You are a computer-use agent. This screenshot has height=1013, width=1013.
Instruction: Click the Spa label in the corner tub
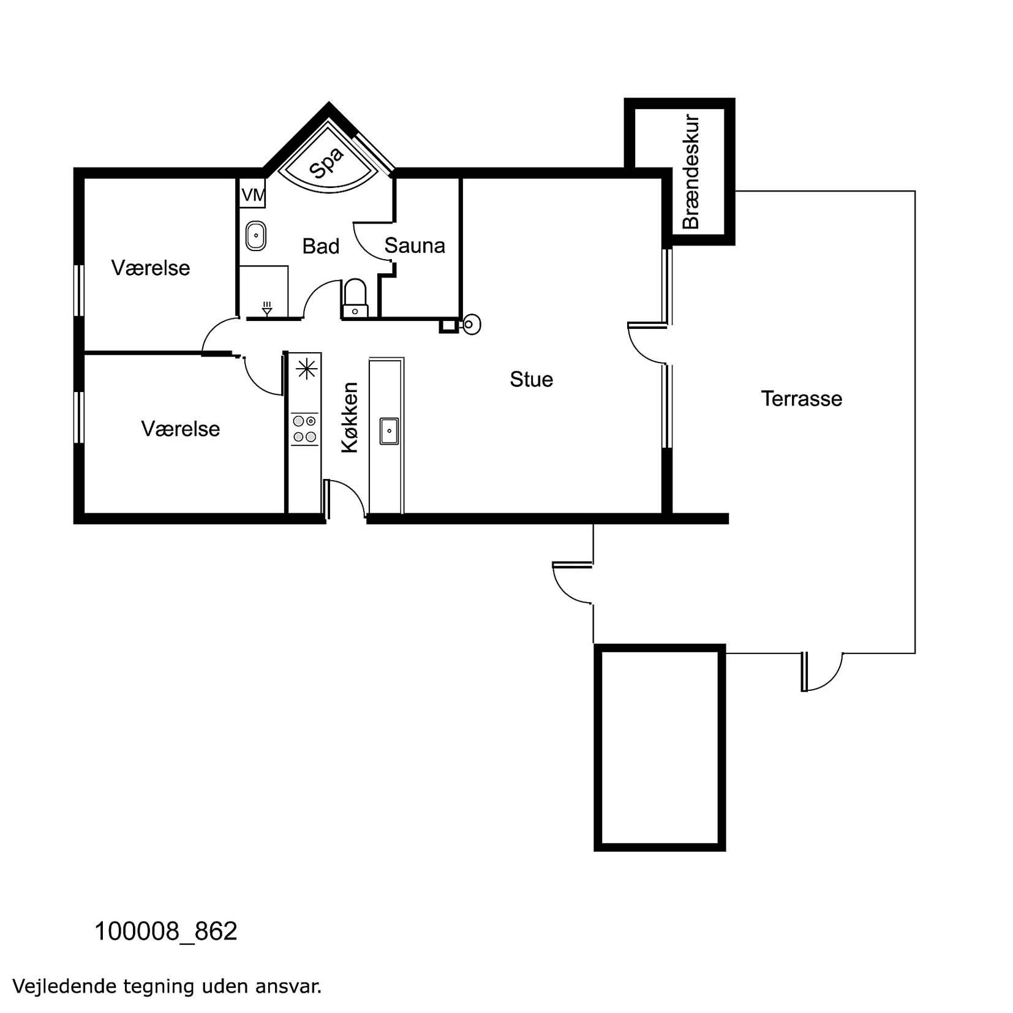pyautogui.click(x=326, y=162)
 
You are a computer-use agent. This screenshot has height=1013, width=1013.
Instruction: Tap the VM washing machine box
pyautogui.click(x=252, y=194)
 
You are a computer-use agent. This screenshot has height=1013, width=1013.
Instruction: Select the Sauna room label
pyautogui.click(x=415, y=246)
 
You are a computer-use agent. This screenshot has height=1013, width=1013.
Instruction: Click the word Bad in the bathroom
pyautogui.click(x=321, y=246)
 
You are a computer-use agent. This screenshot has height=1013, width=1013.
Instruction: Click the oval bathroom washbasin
pyautogui.click(x=255, y=236)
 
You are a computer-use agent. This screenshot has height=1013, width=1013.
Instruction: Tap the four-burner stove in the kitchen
pyautogui.click(x=304, y=429)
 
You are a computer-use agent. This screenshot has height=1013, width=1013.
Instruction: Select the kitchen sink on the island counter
pyautogui.click(x=389, y=431)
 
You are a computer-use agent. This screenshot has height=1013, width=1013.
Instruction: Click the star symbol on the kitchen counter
pyautogui.click(x=306, y=369)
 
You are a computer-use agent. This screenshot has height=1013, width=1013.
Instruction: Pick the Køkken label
pyautogui.click(x=349, y=418)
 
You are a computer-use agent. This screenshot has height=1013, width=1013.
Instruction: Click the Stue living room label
pyautogui.click(x=531, y=379)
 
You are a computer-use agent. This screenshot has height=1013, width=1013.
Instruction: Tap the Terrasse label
pyautogui.click(x=801, y=399)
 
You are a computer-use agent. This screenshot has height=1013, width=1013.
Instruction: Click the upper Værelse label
pyautogui.click(x=151, y=268)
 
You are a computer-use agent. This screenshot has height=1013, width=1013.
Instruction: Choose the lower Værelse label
pyautogui.click(x=181, y=429)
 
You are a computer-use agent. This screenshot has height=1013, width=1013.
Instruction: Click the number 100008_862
pyautogui.click(x=165, y=932)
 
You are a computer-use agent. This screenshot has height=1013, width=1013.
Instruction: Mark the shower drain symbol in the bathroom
pyautogui.click(x=267, y=308)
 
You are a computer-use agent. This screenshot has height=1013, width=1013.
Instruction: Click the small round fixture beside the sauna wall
pyautogui.click(x=471, y=324)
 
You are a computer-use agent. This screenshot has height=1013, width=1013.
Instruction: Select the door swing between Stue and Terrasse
pyautogui.click(x=647, y=343)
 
